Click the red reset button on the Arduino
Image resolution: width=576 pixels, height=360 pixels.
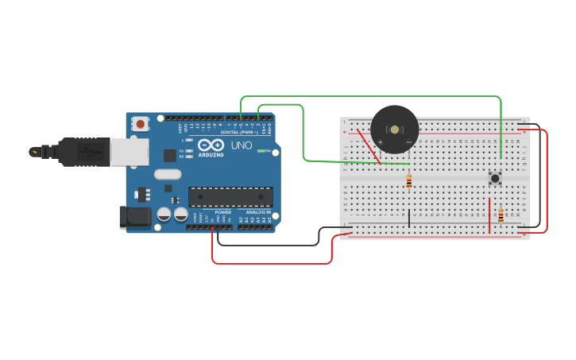point(141,123)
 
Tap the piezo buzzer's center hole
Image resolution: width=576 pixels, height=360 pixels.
point(395,130)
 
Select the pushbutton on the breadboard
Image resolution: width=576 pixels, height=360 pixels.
point(495,178)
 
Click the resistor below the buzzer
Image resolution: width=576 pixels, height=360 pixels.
point(409,182)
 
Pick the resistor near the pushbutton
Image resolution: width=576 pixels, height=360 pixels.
point(501,215)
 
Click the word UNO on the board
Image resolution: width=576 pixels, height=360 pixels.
point(242,145)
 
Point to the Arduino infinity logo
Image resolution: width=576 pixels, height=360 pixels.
point(211,145)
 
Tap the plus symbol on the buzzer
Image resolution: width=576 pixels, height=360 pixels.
point(380,142)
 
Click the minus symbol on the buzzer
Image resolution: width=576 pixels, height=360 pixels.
point(409,142)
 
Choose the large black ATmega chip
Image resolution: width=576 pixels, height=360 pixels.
point(230,196)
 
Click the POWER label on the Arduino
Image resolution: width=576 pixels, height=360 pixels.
point(223,212)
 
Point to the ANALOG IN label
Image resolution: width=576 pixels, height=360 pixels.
point(258,212)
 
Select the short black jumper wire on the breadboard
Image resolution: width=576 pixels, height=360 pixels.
point(410,219)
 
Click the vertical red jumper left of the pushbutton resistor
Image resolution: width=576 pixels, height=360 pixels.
point(489,217)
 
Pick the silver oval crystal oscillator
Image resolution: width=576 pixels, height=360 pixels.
point(168,174)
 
